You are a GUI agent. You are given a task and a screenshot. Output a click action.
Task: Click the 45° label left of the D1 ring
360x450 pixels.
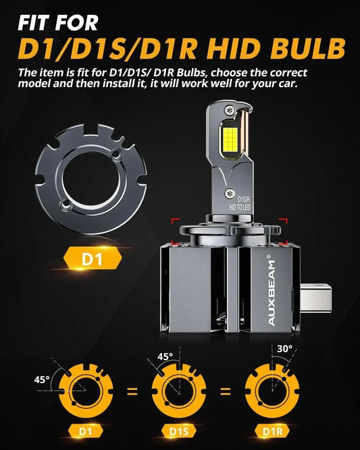[x=42, y=379]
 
